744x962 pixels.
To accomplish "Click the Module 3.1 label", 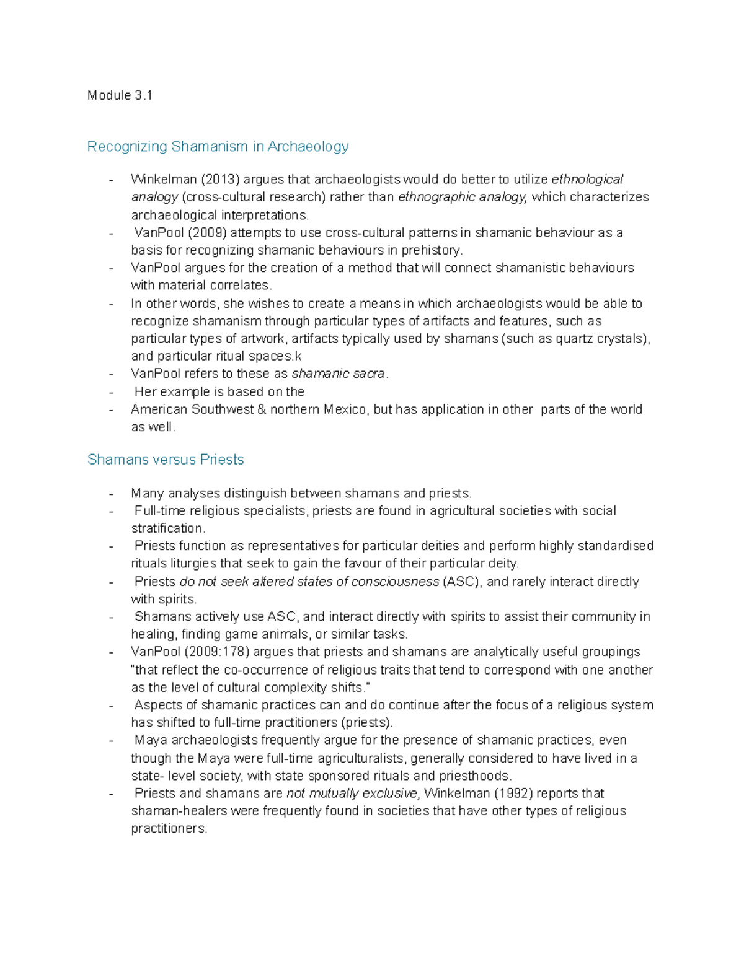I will (120, 95).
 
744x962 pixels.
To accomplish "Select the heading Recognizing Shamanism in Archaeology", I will (218, 146).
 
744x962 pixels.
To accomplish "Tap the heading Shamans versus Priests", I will (166, 460).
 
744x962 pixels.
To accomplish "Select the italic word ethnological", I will (587, 180).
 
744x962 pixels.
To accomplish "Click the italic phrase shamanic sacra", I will (339, 374).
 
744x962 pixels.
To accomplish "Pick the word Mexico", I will (345, 409).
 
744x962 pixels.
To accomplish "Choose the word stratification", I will (167, 528).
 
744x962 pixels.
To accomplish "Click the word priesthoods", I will (475, 776).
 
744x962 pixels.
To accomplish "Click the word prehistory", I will (432, 250).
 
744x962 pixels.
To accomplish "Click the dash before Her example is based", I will (111, 393).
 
